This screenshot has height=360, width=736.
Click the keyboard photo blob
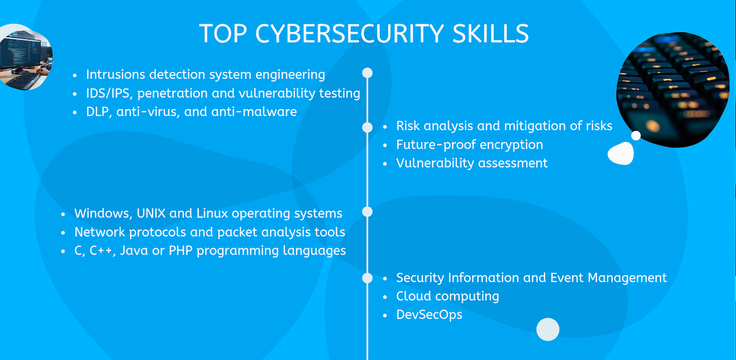(672, 88)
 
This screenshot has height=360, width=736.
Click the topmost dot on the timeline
(367, 73)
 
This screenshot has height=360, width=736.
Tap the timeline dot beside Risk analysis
(367, 127)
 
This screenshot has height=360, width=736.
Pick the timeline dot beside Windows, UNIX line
(367, 212)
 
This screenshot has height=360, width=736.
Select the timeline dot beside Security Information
(367, 278)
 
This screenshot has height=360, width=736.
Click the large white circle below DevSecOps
(548, 329)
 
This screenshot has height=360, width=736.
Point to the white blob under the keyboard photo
(621, 154)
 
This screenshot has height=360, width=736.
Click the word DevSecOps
(429, 315)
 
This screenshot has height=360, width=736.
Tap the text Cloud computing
(447, 296)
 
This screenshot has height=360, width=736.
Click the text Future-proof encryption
(469, 144)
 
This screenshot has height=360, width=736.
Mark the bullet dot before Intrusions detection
(75, 75)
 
